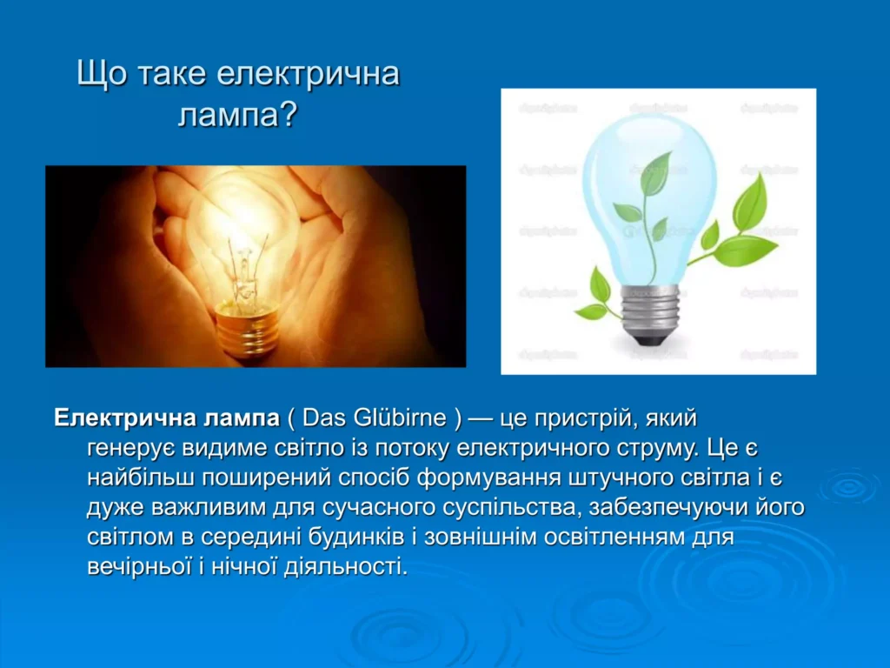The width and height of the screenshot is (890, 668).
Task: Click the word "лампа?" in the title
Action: (x=238, y=116)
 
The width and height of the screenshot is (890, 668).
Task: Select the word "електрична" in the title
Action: (x=309, y=75)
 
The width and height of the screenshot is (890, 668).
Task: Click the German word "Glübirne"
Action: (x=399, y=418)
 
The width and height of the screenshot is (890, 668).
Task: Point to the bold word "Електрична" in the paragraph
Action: (x=124, y=418)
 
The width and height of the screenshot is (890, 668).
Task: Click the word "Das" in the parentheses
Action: (x=323, y=418)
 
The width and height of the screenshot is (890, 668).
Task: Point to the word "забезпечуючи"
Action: (x=668, y=508)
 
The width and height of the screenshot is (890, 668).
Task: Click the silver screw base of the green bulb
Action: (x=650, y=313)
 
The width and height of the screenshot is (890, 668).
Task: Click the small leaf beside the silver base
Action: (x=600, y=285)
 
